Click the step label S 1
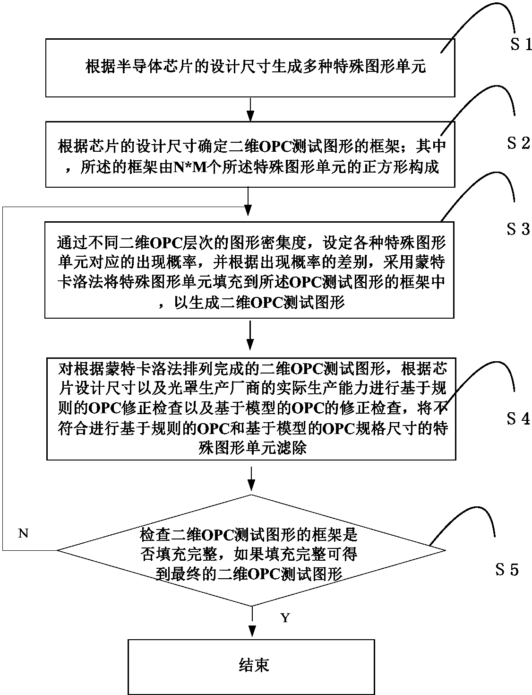tap(520, 45)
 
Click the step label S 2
tap(518, 143)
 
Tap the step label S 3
tap(518, 229)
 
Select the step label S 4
tap(518, 418)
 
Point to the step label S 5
tap(507, 569)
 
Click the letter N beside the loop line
tap(24, 533)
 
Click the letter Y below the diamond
tap(285, 618)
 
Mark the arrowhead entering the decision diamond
tap(252, 484)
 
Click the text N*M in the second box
tap(188, 169)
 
